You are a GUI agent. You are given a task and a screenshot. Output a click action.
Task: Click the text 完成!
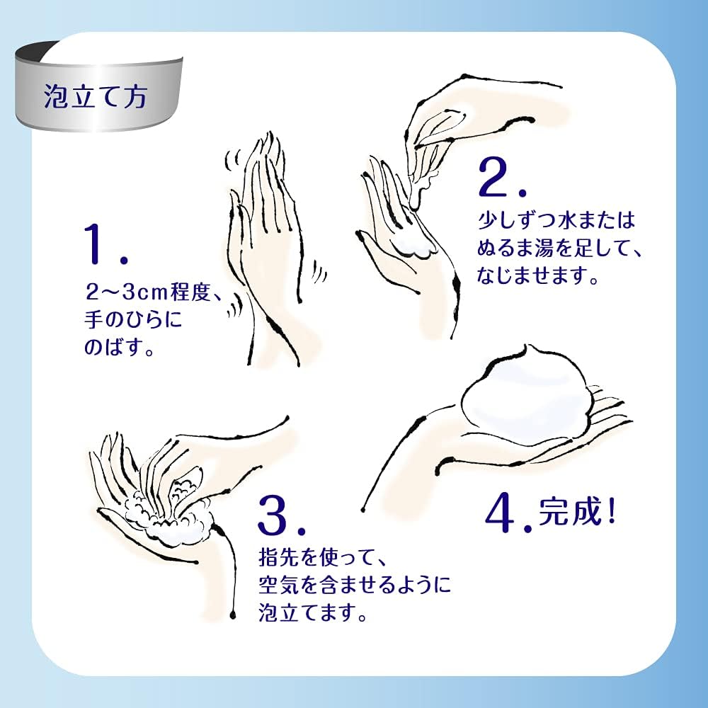click(x=577, y=512)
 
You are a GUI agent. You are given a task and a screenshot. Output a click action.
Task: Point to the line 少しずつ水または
click(x=556, y=221)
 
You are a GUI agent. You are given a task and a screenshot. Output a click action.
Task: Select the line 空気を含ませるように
click(x=355, y=586)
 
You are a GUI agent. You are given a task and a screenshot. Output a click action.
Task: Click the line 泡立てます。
click(x=312, y=612)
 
